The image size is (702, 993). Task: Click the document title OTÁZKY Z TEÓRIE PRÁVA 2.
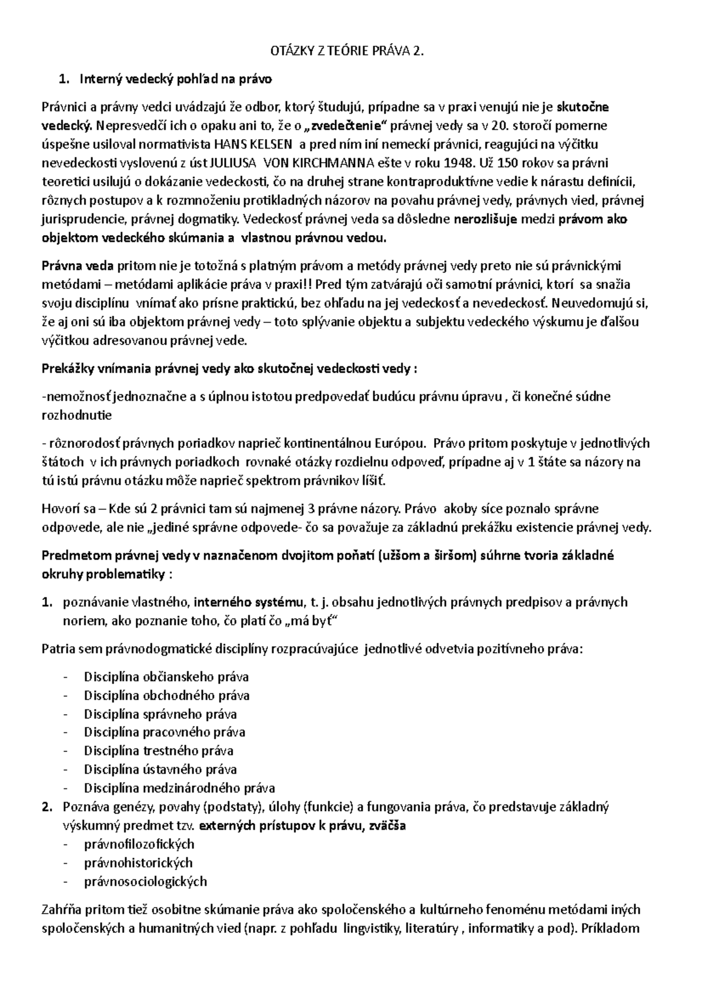346,51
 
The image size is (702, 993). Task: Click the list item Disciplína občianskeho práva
166,677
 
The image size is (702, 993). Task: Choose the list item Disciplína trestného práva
159,751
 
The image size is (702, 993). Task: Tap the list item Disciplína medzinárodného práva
179,788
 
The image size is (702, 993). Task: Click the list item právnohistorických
138,863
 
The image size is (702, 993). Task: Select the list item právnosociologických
145,881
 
